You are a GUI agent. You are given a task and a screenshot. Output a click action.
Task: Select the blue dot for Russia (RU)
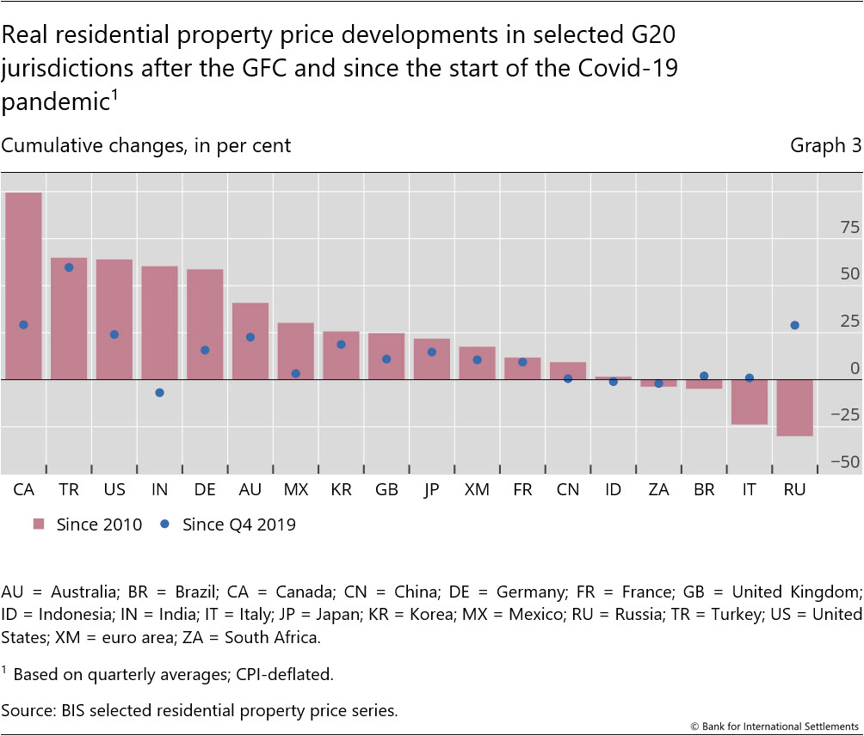click(x=794, y=325)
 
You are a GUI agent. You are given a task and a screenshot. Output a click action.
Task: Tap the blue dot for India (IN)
click(x=159, y=393)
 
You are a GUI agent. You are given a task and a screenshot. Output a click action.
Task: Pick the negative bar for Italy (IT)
click(x=749, y=402)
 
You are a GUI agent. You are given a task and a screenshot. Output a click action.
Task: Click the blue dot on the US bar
click(x=114, y=334)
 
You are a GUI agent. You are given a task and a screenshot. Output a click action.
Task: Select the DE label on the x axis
click(x=205, y=489)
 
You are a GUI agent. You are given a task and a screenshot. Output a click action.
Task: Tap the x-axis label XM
click(x=476, y=489)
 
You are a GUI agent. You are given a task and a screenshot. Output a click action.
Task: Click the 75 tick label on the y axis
click(x=849, y=228)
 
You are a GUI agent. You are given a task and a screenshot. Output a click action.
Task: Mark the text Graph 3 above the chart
click(x=825, y=145)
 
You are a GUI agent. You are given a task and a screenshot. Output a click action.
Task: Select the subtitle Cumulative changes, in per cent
click(x=146, y=145)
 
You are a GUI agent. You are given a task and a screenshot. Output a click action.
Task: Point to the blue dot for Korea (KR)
click(x=341, y=345)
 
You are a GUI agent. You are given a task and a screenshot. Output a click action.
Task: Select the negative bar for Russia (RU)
click(x=794, y=408)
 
